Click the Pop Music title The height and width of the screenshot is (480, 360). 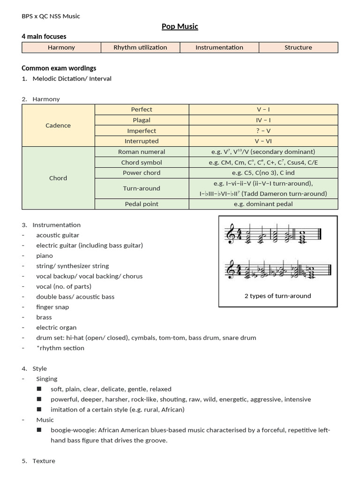[180, 27]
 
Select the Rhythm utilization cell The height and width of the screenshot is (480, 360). [140, 47]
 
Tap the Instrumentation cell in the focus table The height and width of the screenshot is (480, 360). [219, 47]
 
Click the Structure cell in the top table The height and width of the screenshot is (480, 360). [298, 47]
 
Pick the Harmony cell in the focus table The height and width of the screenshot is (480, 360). [61, 47]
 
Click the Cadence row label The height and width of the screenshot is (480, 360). [59, 126]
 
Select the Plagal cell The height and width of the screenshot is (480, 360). [142, 120]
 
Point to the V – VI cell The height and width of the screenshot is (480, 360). [263, 141]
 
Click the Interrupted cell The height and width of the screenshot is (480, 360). [142, 141]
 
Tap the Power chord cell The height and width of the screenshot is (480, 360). [142, 173]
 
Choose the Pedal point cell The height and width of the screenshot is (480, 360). [142, 204]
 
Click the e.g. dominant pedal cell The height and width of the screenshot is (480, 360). [263, 204]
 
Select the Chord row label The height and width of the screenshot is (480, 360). [59, 178]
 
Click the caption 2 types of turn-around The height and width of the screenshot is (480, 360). [278, 296]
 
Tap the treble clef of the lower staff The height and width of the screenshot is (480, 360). [231, 270]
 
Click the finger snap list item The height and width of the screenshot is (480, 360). [52, 307]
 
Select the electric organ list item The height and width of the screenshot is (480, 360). [56, 328]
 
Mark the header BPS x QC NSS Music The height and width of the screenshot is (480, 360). [51, 16]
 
